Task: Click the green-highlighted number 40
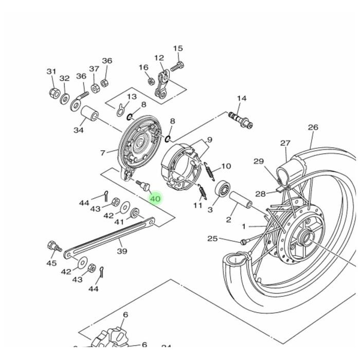(x=155, y=199)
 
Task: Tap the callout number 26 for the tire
(x=313, y=128)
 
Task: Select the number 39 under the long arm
(x=122, y=251)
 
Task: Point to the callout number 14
(x=241, y=98)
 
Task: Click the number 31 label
(x=51, y=71)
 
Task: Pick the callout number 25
(x=212, y=239)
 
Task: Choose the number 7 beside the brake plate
(x=103, y=153)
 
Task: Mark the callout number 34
(x=78, y=130)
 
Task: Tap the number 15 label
(x=178, y=49)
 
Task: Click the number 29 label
(x=259, y=161)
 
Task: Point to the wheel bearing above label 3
(x=222, y=189)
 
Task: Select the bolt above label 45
(x=51, y=246)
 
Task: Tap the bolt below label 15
(x=177, y=66)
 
